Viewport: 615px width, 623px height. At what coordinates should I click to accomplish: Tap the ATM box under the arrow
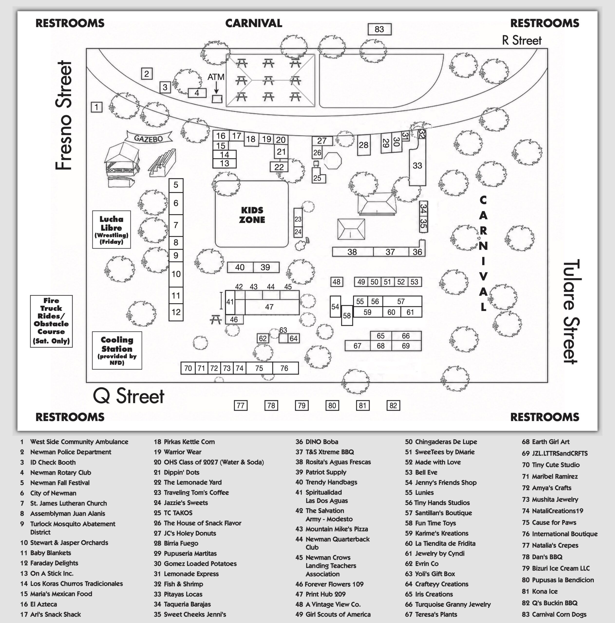pos(217,99)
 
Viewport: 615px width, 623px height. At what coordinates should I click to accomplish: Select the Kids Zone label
pos(252,215)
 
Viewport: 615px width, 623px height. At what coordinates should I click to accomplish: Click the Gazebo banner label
pos(148,138)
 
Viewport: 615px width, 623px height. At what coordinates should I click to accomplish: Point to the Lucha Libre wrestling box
pos(111,229)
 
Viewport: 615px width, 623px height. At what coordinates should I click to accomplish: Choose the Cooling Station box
pos(117,350)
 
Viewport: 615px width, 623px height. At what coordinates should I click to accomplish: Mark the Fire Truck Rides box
pos(51,321)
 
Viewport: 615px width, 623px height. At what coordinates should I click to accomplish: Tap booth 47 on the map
pos(269,307)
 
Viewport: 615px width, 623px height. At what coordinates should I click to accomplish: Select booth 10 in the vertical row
pos(176,274)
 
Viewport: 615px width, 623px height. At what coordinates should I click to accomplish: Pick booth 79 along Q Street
pos(302,405)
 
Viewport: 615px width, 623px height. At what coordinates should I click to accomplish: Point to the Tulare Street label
pos(571,311)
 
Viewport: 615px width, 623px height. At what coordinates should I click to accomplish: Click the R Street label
pos(522,40)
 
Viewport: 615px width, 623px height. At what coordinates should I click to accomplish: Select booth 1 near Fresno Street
pos(96,107)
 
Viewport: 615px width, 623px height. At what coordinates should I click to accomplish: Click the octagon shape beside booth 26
pos(333,160)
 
